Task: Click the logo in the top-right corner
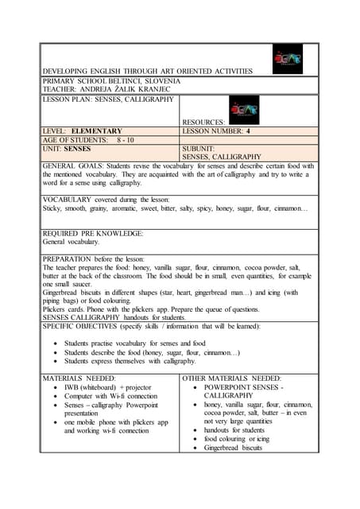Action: (x=288, y=59)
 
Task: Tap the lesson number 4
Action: (x=248, y=130)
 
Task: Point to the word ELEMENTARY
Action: (x=96, y=130)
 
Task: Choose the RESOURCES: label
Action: (x=203, y=122)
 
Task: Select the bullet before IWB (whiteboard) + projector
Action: (x=55, y=387)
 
